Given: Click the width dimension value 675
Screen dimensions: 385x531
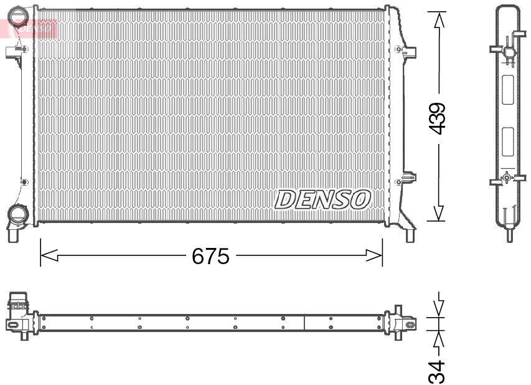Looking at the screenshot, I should click(x=210, y=256).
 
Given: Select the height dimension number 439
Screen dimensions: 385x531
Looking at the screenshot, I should click(x=438, y=118).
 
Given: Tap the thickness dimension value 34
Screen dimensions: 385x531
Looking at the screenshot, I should click(x=438, y=371).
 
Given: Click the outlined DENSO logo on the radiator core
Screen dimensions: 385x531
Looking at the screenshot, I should click(x=323, y=199).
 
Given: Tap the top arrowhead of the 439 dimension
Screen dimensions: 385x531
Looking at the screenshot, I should click(x=439, y=20).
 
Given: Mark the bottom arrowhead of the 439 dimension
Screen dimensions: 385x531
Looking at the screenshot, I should click(x=439, y=213).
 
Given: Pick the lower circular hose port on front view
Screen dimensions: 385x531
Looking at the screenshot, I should click(x=17, y=215).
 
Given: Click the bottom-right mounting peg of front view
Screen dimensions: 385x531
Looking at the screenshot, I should click(x=410, y=235).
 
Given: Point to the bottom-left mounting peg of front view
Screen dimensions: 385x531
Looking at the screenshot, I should click(x=13, y=235).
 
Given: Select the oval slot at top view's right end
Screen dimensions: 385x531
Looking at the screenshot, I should click(x=410, y=324).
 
